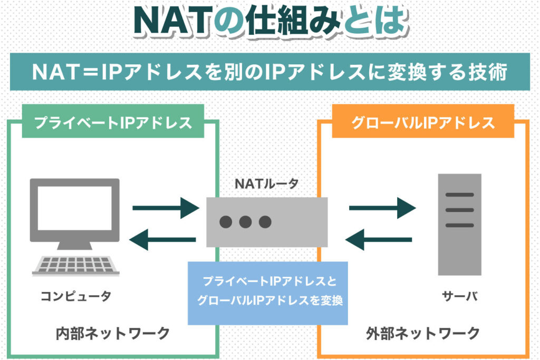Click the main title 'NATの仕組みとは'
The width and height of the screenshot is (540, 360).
coord(269,22)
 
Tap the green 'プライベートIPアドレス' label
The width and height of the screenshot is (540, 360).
coord(113,123)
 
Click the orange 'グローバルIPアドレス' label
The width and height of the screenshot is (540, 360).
coord(423,123)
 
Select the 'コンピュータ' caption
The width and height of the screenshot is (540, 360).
coord(76,296)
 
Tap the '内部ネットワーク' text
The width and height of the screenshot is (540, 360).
coord(113,333)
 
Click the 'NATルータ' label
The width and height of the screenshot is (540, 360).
coord(266,184)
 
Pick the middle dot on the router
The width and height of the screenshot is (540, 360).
coord(246,221)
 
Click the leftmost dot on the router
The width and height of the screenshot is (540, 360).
coord(226,221)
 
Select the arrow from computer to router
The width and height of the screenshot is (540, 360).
coord(164,207)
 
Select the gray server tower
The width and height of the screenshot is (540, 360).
coord(459,224)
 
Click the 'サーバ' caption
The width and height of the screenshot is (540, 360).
coord(459,296)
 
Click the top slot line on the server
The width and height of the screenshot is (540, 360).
coord(459,194)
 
